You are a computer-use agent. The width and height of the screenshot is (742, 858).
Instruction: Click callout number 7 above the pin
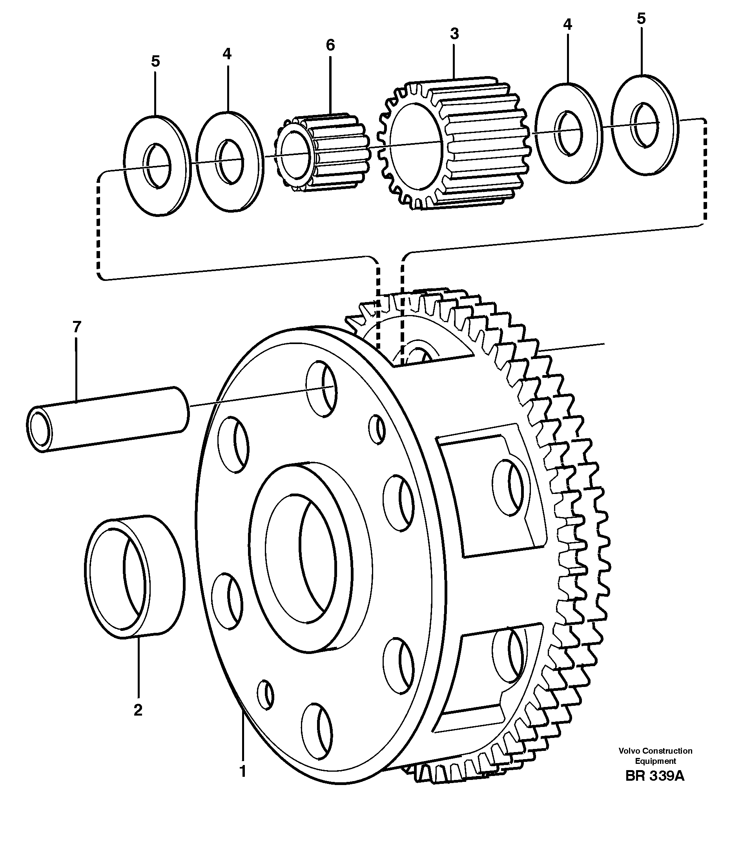pos(77,327)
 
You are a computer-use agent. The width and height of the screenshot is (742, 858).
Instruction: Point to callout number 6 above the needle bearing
pos(330,45)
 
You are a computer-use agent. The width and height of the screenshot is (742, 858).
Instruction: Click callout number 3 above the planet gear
pos(454,33)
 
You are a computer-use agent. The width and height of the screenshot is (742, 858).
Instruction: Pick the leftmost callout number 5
pos(155,61)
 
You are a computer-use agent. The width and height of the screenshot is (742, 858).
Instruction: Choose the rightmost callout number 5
pos(641,18)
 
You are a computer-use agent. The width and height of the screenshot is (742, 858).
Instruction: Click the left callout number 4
pos(226,54)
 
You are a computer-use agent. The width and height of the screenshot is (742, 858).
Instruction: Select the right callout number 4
pos(567,25)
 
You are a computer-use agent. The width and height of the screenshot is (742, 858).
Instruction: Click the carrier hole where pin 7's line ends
pos(322,388)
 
